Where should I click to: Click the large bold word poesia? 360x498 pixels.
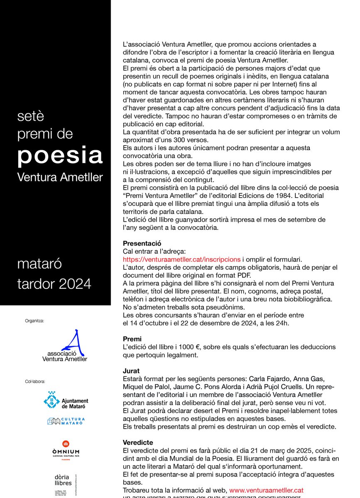tap(60, 155)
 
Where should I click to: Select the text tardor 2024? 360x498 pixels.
tap(54, 284)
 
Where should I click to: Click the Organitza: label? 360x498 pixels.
tap(34, 320)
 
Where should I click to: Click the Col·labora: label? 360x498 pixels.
tap(35, 381)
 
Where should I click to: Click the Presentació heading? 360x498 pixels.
tap(142, 243)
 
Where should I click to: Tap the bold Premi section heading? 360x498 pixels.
tap(132, 339)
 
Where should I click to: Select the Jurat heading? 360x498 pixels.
tap(131, 371)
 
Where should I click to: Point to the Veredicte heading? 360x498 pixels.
tap(138, 442)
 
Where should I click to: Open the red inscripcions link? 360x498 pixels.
tap(182, 259)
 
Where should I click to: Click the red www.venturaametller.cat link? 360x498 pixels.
tap(266, 490)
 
